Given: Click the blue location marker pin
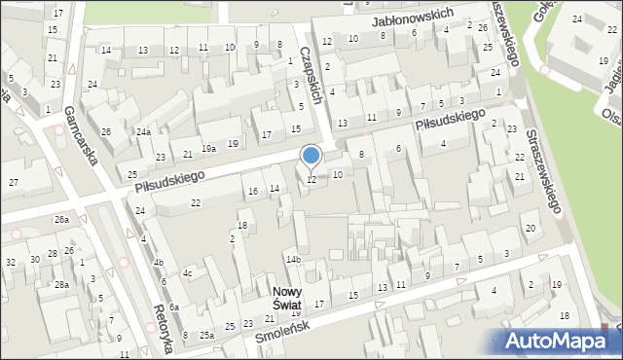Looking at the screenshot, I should [311, 156].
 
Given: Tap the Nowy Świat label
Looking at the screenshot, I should [286, 298].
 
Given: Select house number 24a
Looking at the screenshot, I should [143, 132].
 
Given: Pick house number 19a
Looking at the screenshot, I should [208, 148].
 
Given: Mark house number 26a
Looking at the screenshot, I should [61, 220].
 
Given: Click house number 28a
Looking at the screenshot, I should [61, 284].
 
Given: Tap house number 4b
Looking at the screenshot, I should [158, 263].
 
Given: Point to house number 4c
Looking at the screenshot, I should [188, 273].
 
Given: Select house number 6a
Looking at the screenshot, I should [173, 306].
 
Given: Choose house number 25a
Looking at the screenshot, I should [206, 335].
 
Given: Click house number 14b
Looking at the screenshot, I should [293, 260].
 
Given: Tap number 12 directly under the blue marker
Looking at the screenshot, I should [311, 180].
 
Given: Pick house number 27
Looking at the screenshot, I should [14, 182].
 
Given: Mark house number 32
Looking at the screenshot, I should [10, 263].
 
